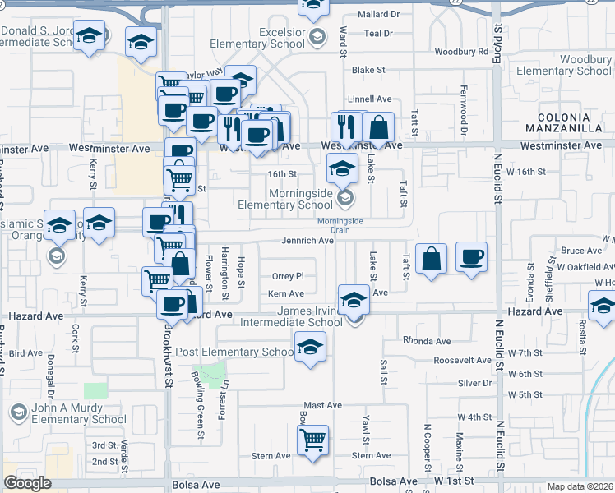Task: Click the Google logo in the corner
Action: [x=28, y=483]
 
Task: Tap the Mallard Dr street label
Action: [x=379, y=15]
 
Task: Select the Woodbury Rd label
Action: [x=460, y=52]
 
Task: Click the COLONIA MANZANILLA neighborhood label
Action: [x=570, y=123]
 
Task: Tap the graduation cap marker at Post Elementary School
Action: [x=310, y=347]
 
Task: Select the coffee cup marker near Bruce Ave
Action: [x=471, y=256]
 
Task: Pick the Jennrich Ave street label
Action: [x=307, y=241]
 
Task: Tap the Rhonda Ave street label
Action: [x=426, y=341]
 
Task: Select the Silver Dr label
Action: [x=474, y=383]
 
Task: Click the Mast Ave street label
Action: [x=322, y=405]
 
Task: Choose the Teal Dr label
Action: [x=378, y=34]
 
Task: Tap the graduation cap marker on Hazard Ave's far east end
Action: [x=603, y=306]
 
